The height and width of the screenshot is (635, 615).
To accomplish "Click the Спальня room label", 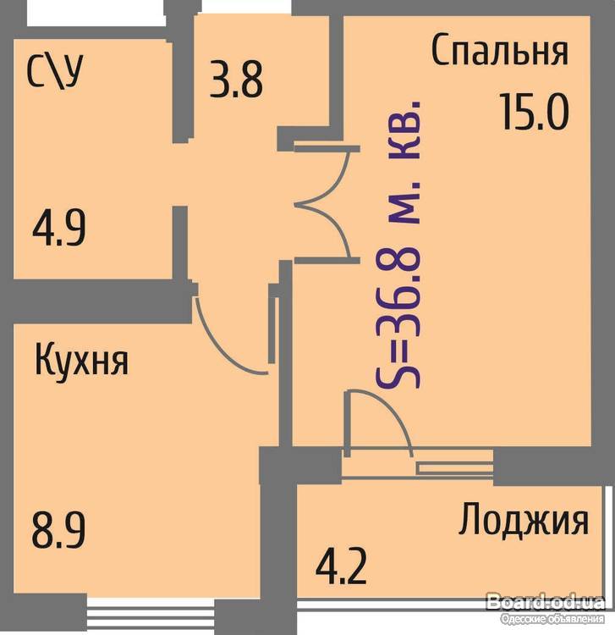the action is coord(500,51).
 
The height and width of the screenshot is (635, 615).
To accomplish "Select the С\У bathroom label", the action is coord(55,72).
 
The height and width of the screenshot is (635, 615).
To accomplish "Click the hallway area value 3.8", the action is coord(236,80).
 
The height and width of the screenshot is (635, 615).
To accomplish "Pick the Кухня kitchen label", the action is coord(81,359).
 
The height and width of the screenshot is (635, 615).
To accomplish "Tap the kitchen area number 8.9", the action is coord(59,529).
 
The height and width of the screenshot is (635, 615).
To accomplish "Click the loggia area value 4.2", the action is coord(341,565).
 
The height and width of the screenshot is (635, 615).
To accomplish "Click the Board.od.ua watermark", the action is coord(546,603).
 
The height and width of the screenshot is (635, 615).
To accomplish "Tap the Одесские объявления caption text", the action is coord(552,619).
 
